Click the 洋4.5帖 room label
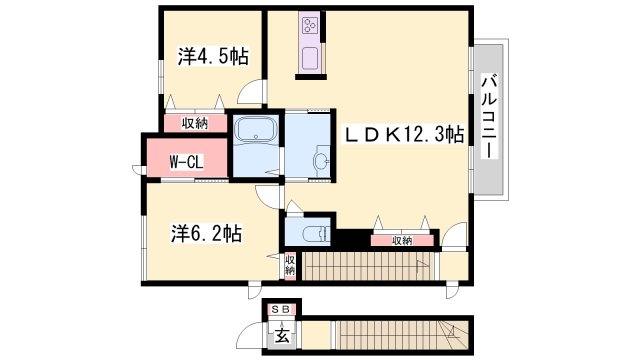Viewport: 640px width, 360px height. pyautogui.click(x=212, y=57)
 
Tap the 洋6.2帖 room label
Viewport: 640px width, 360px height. pyautogui.click(x=204, y=233)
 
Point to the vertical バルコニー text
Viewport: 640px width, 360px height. pyautogui.click(x=489, y=116)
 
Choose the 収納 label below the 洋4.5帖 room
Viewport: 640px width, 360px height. pyautogui.click(x=195, y=123)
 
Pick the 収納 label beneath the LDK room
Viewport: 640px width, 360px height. pyautogui.click(x=401, y=240)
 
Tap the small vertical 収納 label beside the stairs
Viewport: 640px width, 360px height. pyautogui.click(x=289, y=265)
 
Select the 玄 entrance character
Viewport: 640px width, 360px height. pyautogui.click(x=283, y=333)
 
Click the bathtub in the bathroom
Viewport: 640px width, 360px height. pyautogui.click(x=257, y=131)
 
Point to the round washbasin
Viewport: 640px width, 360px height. pyautogui.click(x=322, y=161)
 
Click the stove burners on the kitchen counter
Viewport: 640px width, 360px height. pyautogui.click(x=309, y=27)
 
